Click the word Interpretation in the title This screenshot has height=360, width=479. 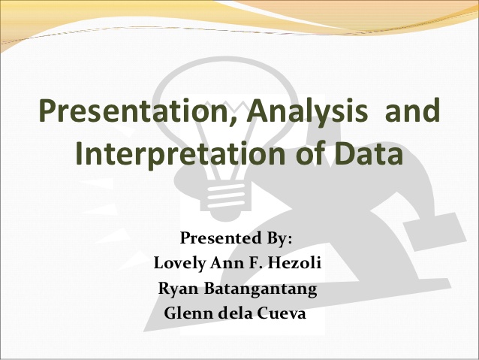[165, 155]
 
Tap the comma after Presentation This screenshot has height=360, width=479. [239, 125]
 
